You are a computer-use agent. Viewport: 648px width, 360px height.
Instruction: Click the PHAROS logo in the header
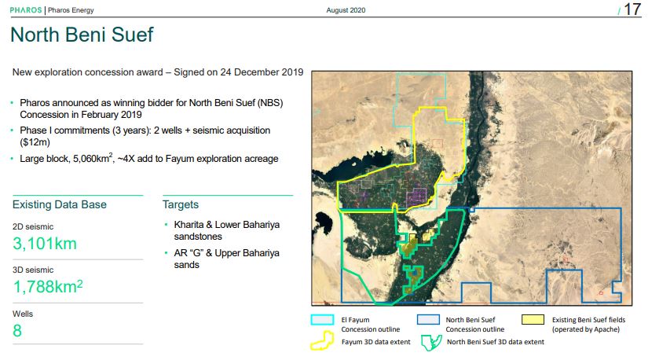[26, 10]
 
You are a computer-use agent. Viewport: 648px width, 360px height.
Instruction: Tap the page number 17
[632, 9]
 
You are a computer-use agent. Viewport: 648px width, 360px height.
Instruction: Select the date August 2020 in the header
[346, 10]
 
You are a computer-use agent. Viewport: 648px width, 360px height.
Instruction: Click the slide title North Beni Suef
[82, 35]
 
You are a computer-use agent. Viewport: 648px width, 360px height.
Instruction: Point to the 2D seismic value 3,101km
[45, 244]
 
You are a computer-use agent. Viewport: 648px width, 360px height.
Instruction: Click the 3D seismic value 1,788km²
[48, 286]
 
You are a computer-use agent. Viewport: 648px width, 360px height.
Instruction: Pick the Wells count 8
[17, 331]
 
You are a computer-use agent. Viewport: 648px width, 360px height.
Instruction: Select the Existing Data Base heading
[60, 204]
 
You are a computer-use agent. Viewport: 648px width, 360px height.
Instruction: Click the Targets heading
[181, 204]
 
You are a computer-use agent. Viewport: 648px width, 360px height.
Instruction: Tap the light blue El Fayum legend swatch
[322, 320]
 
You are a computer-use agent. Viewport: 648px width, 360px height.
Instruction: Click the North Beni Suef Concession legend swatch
[428, 320]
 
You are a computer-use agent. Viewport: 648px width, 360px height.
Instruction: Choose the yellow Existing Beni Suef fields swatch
[533, 320]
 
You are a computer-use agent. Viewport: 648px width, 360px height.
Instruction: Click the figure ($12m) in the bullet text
[35, 142]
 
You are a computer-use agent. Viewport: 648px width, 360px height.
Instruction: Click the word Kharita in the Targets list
[189, 225]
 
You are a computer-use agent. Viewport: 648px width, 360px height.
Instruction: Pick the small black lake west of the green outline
[324, 223]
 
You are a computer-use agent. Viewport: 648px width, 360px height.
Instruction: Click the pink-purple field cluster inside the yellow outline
[416, 197]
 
